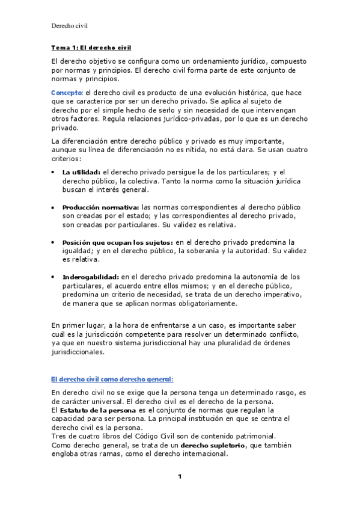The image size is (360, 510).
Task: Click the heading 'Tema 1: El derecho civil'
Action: tap(91, 48)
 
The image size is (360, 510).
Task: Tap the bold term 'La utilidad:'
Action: tap(81, 172)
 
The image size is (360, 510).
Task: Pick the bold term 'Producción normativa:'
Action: tap(100, 207)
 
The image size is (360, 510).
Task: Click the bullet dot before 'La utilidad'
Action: tap(53, 173)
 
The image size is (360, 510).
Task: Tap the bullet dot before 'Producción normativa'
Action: tap(53, 207)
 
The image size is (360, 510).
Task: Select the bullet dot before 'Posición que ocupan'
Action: tap(53, 243)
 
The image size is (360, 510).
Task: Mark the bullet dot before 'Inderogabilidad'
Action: tap(53, 277)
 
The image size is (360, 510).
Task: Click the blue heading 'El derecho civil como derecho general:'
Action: tap(112, 379)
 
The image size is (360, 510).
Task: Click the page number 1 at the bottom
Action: tap(179, 477)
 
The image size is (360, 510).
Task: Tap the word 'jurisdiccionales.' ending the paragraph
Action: tap(78, 352)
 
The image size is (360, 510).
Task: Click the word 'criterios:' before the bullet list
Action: tap(66, 158)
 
